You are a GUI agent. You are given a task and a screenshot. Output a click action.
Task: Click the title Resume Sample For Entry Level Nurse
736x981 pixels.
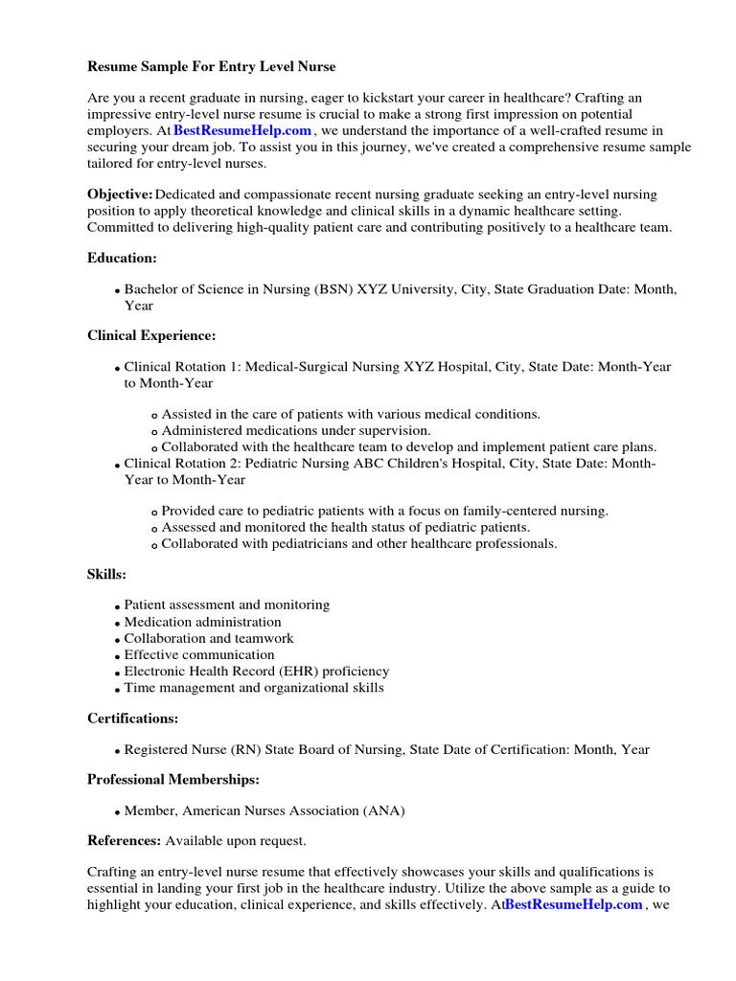click(212, 67)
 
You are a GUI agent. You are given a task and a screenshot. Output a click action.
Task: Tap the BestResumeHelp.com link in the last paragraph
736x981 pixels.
click(574, 904)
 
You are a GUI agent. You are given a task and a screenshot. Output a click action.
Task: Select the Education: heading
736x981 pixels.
click(122, 258)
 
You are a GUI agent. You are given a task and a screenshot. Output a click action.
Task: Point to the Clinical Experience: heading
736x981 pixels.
click(151, 335)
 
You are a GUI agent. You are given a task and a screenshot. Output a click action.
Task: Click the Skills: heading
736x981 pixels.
click(106, 574)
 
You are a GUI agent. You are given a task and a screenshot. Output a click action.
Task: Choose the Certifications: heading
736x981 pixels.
click(132, 718)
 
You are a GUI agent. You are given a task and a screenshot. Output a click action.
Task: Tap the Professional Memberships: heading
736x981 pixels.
click(173, 779)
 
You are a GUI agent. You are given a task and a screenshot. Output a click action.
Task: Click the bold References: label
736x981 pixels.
click(124, 840)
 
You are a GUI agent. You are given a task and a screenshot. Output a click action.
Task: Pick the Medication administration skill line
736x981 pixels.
click(202, 622)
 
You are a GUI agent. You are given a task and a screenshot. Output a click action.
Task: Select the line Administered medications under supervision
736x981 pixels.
click(296, 430)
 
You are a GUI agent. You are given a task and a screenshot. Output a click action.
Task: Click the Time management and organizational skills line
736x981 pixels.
click(254, 688)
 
